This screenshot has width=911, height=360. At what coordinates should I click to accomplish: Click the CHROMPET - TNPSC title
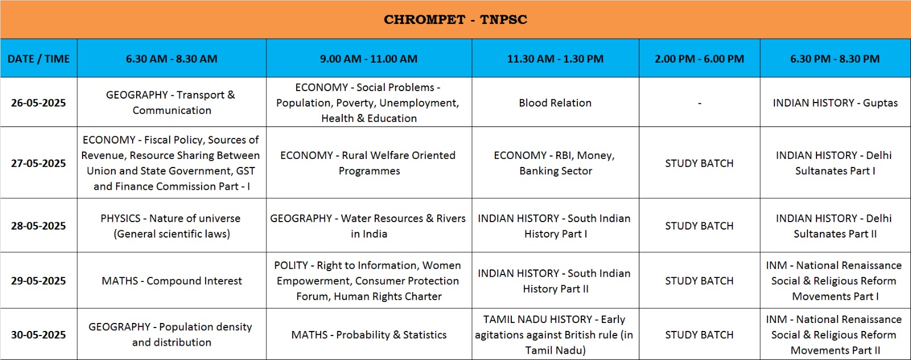455,19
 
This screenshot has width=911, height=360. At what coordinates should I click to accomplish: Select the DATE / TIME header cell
39,59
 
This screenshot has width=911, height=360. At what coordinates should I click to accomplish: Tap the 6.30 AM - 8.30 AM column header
171,59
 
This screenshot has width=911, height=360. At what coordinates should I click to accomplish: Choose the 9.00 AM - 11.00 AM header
369,59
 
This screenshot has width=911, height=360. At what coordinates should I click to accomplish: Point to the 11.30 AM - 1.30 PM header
555,59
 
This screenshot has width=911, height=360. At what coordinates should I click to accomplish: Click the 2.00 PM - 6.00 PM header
700,59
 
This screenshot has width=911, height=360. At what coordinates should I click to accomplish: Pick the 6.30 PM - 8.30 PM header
835,59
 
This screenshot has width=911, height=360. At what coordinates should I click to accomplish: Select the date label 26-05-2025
39,103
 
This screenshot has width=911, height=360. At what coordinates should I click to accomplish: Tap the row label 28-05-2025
39,226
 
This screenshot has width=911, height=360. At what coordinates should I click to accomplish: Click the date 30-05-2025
39,335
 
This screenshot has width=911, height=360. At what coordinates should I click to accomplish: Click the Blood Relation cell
555,103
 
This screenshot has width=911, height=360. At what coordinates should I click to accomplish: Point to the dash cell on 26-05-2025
700,103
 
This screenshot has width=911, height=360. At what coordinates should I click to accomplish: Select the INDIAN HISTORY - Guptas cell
835,103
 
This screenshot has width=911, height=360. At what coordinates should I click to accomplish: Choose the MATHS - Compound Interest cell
171,281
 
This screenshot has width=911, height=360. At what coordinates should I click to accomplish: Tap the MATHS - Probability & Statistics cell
369,335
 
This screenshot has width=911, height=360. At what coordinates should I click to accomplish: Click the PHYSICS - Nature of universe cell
171,226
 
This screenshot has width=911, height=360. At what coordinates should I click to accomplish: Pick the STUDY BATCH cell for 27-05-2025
700,163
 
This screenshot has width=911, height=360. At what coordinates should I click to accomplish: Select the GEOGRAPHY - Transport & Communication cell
171,103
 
